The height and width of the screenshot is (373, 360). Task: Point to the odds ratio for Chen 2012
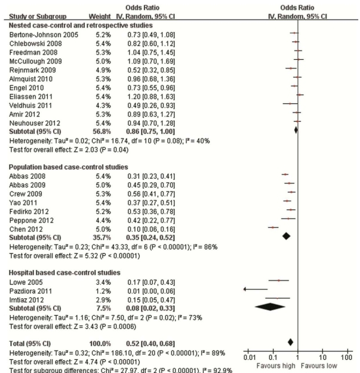click(x=140, y=227)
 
